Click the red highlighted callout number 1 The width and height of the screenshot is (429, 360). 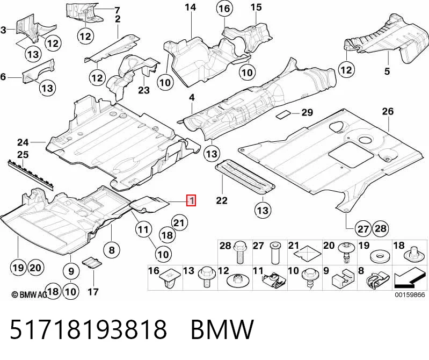191,200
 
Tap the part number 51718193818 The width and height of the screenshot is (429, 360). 88,329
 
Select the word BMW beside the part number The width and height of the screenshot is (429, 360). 222,329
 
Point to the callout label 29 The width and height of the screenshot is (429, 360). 307,112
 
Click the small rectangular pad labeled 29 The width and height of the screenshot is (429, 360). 283,114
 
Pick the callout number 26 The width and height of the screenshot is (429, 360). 388,111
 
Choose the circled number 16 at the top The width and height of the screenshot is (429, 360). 224,9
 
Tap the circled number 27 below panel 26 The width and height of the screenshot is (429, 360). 363,228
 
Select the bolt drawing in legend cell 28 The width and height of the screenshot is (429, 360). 240,252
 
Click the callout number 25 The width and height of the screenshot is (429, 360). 23,154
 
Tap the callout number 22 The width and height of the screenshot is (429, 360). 222,200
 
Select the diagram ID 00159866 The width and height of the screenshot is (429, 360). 410,294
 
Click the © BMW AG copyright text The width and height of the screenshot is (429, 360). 30,294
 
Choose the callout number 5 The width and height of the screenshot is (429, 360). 387,71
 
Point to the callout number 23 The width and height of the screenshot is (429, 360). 144,90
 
